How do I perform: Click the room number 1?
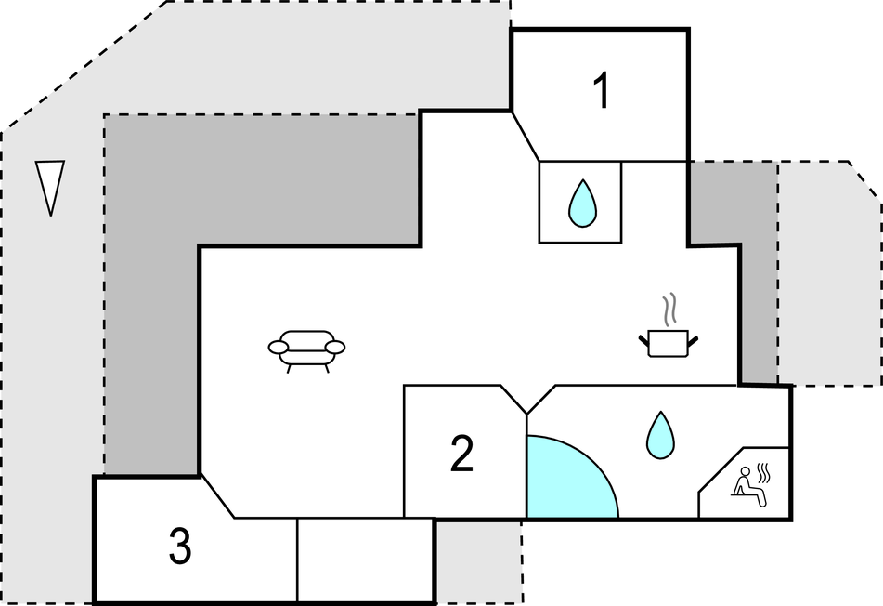pos(602,91)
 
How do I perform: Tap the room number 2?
pos(461,453)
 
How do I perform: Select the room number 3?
pos(180,546)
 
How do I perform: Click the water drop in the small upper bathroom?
pos(582,204)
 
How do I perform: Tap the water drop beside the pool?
pos(660,435)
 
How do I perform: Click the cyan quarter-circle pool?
pos(566,480)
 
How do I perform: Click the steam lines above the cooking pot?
pos(669,310)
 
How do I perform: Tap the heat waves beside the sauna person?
pos(763,473)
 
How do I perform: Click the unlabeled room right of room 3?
pos(365,560)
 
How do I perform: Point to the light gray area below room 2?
pos(479,560)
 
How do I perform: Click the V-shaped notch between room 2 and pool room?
pos(527,400)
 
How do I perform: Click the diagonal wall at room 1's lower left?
pos(525,136)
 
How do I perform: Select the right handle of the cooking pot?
pos(693,340)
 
